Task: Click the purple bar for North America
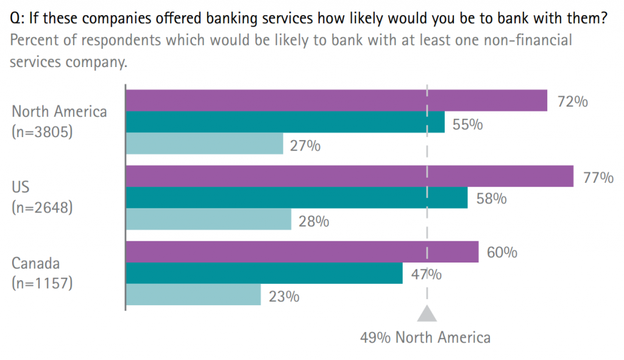point(336,101)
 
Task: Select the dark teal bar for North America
point(285,122)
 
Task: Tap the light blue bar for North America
point(204,143)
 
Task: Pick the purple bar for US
point(349,176)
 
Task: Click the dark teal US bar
point(296,197)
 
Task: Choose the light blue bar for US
point(208,219)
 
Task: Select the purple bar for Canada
point(302,252)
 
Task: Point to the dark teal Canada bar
point(264,273)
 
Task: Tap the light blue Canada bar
point(193,294)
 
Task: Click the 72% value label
point(572,102)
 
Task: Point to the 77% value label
point(598,178)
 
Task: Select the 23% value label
point(283,297)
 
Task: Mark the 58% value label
point(491,199)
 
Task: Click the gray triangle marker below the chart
point(427,313)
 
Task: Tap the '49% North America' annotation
point(425,337)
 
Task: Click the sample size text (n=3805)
point(42,131)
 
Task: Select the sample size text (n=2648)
point(42,207)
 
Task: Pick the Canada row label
point(37,264)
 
